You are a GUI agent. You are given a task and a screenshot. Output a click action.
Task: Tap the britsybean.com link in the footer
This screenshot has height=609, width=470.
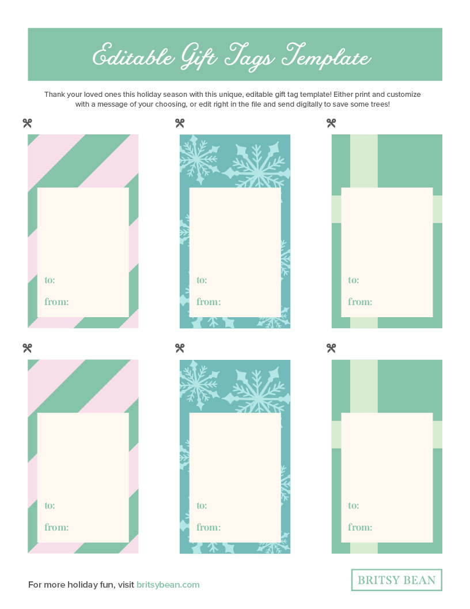point(168,585)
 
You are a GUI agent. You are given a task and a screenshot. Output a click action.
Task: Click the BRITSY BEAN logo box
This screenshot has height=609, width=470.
point(396,580)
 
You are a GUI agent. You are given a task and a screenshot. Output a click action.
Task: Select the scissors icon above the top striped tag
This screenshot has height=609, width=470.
point(27,123)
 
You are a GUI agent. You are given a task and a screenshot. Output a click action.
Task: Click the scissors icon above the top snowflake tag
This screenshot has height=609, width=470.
point(179,123)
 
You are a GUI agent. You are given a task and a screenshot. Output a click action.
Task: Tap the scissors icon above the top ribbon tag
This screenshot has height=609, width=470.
point(331,123)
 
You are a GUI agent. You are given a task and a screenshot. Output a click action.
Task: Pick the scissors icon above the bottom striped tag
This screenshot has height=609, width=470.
point(27,348)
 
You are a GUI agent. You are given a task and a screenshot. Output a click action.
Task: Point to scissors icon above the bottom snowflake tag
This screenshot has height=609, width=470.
point(179,348)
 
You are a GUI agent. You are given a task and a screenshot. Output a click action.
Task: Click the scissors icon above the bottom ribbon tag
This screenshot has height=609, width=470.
point(331,348)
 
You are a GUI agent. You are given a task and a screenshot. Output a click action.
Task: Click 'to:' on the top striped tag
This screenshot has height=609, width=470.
point(50,280)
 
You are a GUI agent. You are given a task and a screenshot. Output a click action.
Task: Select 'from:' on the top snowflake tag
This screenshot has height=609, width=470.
point(208,302)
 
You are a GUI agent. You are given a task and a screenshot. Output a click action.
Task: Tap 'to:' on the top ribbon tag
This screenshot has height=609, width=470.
point(353,280)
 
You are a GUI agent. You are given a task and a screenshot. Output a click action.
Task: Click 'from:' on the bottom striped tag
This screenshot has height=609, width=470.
point(56,527)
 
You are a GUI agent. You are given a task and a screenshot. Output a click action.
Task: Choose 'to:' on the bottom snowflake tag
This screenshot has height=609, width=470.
point(202,506)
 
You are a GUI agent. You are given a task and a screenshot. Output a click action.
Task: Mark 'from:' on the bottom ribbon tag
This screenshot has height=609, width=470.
point(360,527)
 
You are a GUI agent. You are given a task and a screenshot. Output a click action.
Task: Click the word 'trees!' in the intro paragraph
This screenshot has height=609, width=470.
point(380,105)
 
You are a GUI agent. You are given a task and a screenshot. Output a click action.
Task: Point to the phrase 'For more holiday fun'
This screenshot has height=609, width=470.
point(72,585)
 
